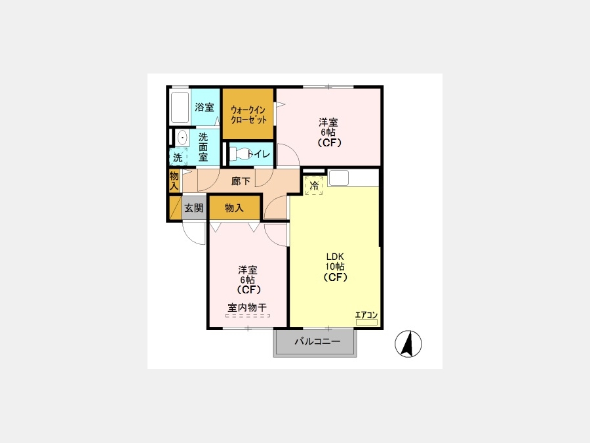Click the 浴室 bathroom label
(x=205, y=108)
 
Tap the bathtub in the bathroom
(x=180, y=107)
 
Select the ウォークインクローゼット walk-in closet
(x=248, y=114)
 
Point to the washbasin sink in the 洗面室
(x=182, y=138)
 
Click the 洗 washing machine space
(x=178, y=157)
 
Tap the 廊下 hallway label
(x=241, y=181)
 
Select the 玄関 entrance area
(x=194, y=207)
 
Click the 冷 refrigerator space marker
(x=314, y=186)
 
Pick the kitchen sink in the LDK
(x=339, y=178)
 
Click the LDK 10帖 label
(x=335, y=261)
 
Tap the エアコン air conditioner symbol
(x=366, y=322)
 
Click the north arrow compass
(x=408, y=343)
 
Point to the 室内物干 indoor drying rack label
(x=247, y=307)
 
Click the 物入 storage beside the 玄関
(x=235, y=207)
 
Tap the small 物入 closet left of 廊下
(x=174, y=181)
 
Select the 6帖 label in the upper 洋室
(x=328, y=133)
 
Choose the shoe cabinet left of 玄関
(x=175, y=207)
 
